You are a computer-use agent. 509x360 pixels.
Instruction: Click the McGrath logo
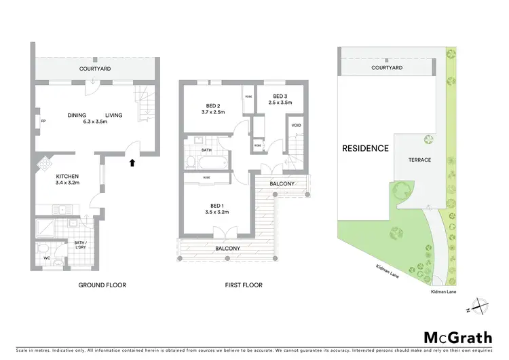click(x=458, y=338)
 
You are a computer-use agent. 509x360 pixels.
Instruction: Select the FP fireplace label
click(x=43, y=122)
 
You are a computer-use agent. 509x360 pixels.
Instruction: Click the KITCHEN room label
click(x=67, y=176)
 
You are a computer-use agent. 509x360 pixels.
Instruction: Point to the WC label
click(x=47, y=258)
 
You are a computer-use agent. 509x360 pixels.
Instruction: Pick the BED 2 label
click(x=213, y=106)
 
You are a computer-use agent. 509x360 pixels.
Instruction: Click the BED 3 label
click(x=278, y=96)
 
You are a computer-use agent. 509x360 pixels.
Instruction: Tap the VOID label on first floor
click(x=296, y=126)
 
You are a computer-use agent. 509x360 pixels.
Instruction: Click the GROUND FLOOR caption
click(x=102, y=285)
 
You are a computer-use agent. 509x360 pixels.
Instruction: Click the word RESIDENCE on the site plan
click(x=365, y=148)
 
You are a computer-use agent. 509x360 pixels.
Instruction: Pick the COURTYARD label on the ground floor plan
click(x=95, y=69)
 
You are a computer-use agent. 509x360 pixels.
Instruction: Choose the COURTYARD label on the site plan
click(x=386, y=69)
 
